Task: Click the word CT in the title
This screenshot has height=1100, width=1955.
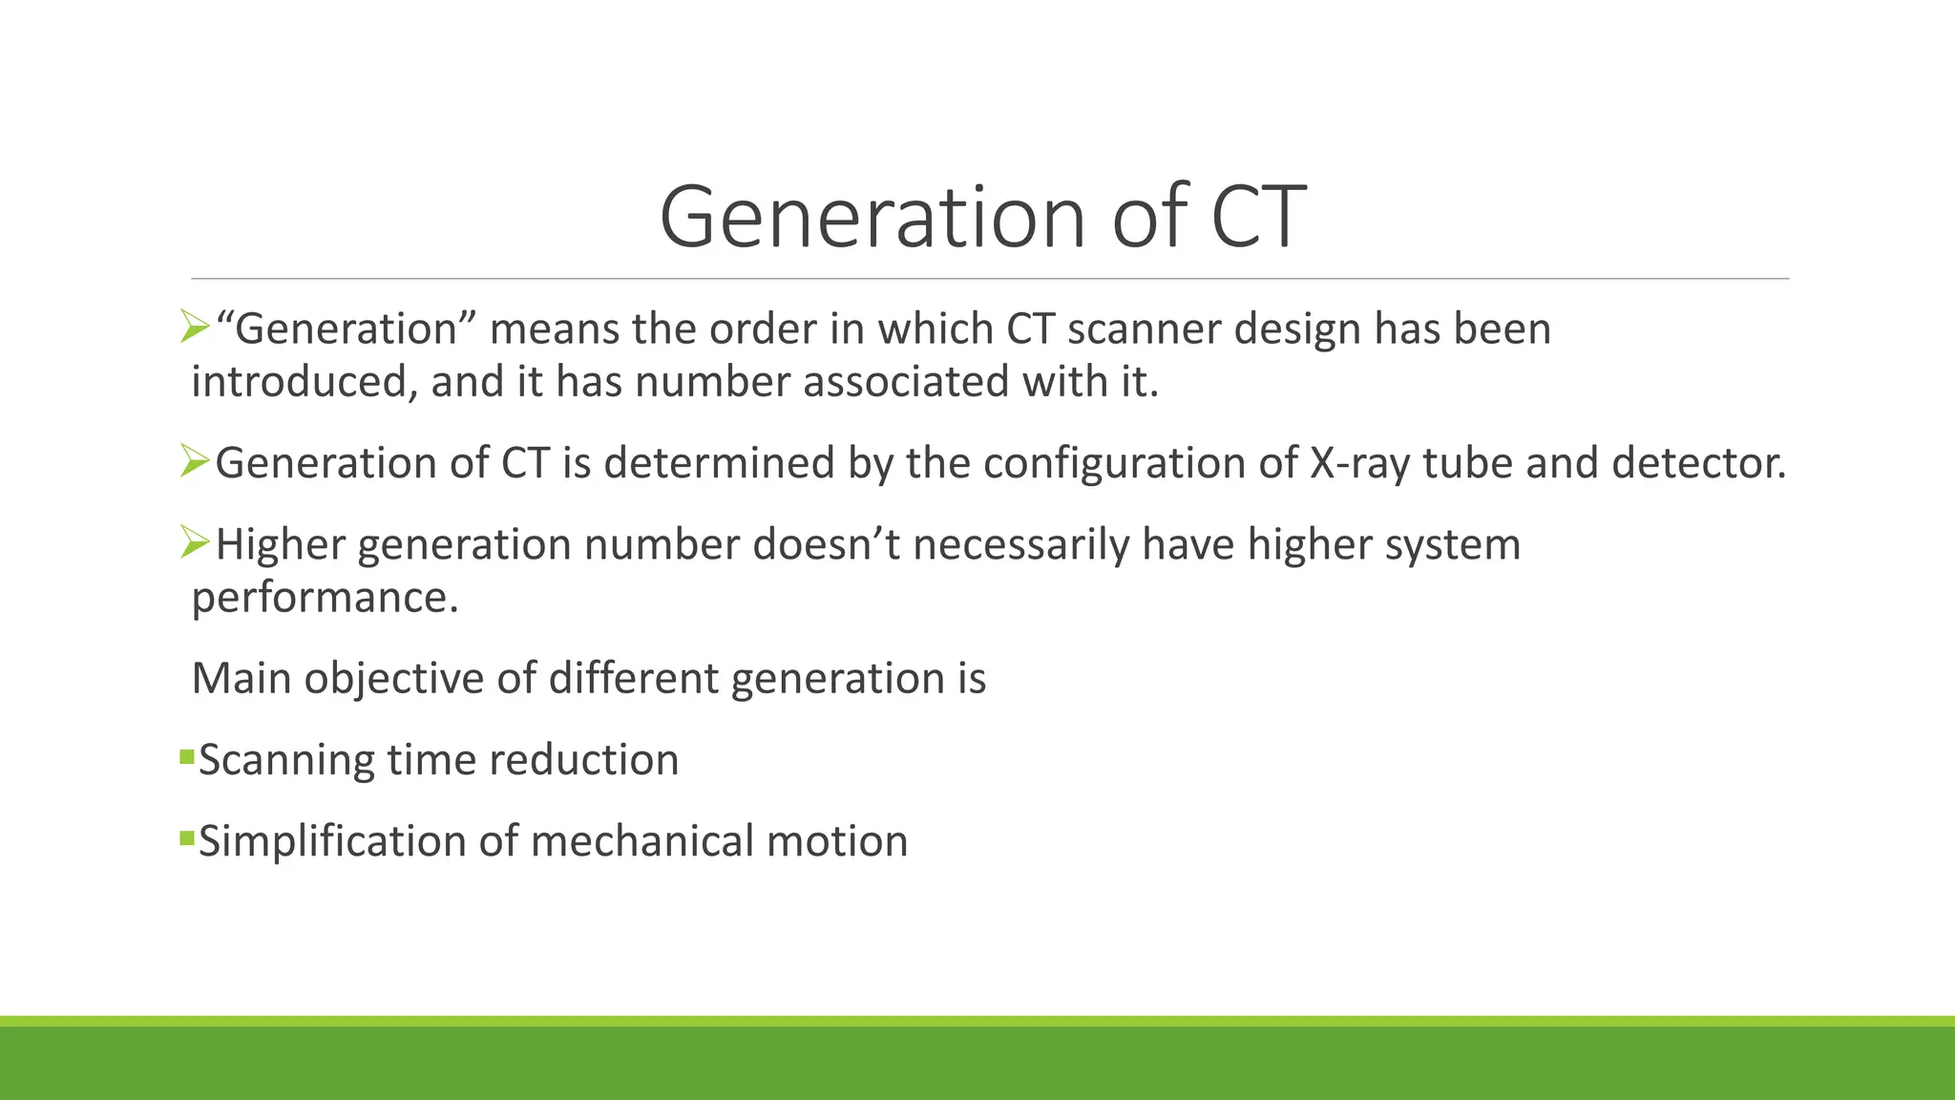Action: [x=1258, y=218]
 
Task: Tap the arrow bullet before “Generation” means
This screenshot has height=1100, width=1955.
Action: [x=195, y=328]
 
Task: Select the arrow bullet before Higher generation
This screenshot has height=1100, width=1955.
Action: [x=195, y=543]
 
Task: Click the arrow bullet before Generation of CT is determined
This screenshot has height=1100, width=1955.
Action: [x=195, y=462]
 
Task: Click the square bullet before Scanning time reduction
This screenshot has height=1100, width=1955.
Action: [x=186, y=758]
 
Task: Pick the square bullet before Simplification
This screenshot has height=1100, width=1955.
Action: [x=186, y=839]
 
